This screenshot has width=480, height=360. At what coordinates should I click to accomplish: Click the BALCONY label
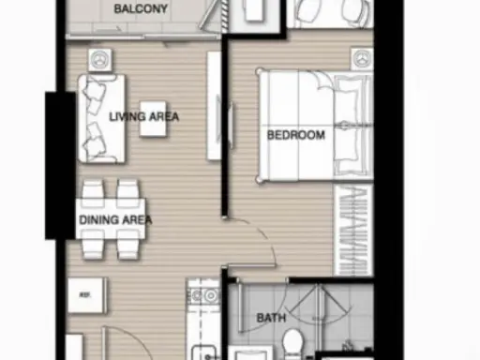click(141, 8)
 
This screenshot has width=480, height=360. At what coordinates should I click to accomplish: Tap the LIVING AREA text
click(144, 117)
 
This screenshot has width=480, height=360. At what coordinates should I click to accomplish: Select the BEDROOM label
click(296, 135)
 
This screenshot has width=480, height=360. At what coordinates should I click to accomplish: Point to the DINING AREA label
click(115, 219)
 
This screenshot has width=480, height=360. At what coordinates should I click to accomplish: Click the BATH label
click(271, 318)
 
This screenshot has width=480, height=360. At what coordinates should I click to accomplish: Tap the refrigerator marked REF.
click(86, 295)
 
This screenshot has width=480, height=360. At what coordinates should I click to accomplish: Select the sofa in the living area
click(102, 118)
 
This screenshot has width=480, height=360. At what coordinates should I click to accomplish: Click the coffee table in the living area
click(153, 119)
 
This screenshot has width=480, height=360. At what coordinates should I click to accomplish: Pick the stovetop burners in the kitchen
click(203, 295)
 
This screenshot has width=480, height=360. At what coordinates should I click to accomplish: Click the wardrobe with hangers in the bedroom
click(353, 231)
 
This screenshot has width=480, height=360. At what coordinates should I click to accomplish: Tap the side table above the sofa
click(100, 60)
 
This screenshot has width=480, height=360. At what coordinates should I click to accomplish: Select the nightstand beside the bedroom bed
click(362, 59)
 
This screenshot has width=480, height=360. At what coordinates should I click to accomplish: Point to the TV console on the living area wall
click(214, 106)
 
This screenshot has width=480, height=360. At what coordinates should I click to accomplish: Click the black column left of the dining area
click(60, 166)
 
